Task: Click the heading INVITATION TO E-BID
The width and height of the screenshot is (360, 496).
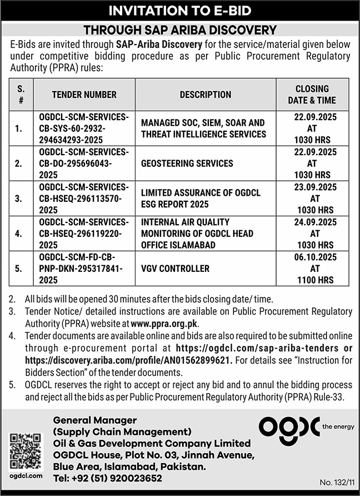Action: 179,11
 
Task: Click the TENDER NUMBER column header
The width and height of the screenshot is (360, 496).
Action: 84,95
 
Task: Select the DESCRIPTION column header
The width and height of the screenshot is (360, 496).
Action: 206,95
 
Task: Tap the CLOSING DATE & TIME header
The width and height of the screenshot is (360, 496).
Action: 312,95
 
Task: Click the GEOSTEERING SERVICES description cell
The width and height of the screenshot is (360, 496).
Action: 187,163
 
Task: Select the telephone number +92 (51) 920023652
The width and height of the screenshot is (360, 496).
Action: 108,478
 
